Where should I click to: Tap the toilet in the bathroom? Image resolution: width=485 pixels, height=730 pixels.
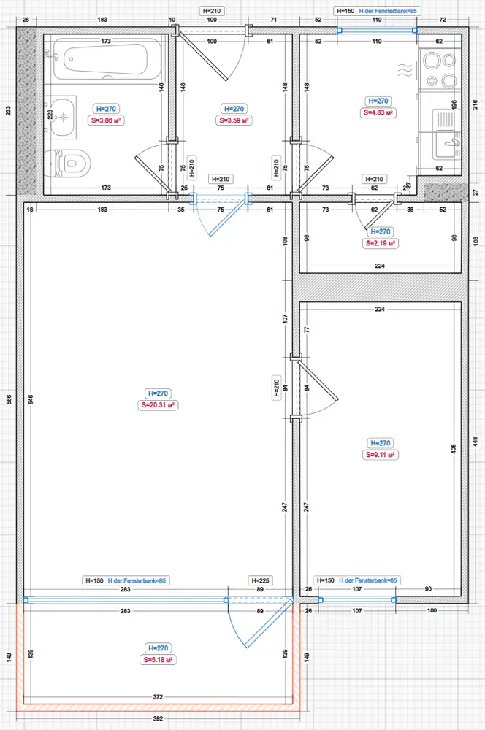coord(70,164)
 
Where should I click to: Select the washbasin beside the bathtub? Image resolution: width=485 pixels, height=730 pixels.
coord(63,117)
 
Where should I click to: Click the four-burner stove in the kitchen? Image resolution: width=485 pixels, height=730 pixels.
coord(440,70)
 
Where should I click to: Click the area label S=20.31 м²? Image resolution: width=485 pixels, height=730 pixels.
coord(158,405)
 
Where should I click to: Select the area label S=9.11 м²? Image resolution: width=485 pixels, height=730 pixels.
coord(381,455)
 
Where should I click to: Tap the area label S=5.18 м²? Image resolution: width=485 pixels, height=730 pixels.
coord(158,660)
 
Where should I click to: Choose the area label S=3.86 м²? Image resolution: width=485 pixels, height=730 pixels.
coord(106,120)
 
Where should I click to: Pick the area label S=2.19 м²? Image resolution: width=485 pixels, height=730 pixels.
coord(380,243)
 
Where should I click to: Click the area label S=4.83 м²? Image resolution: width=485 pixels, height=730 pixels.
coord(378,112)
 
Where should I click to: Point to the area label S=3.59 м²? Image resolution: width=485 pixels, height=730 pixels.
coord(234,120)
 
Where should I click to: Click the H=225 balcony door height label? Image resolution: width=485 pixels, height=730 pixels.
coord(260,580)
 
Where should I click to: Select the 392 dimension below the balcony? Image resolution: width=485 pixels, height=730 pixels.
coord(158,718)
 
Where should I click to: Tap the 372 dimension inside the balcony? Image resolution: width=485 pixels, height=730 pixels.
coord(158,697)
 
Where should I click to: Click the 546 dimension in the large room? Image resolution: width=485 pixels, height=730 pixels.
coord(31,399)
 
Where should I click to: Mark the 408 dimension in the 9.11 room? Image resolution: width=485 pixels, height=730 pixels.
coord(454,449)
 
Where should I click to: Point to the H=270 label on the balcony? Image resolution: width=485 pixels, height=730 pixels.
coord(158,648)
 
